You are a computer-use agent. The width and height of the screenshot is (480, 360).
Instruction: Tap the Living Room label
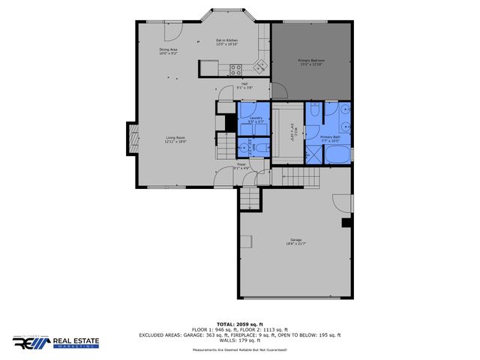[175, 139]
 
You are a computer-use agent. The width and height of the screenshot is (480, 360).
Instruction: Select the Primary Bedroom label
[311, 61]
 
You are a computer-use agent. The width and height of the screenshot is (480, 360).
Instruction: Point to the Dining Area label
[168, 52]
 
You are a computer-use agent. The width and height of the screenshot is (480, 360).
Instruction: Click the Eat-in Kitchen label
[226, 42]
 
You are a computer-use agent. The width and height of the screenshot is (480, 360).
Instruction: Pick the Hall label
[244, 85]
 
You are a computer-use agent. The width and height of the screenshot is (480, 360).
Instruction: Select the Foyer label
[241, 166]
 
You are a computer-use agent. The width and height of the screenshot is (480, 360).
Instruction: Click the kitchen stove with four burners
[235, 70]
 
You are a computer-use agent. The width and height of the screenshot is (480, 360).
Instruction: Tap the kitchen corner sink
[260, 65]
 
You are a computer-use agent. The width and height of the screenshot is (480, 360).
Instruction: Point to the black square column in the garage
[346, 223]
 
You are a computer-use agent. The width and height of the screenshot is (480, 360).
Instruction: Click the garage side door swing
[341, 202]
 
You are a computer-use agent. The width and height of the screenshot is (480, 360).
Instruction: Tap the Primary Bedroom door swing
[277, 90]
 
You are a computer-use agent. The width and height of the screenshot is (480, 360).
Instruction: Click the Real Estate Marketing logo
[61, 343]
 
